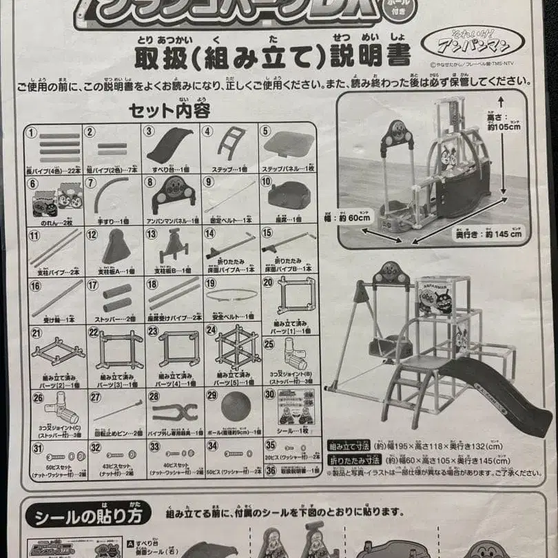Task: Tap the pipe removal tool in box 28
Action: pos(175,412)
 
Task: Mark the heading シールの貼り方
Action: pos(87,514)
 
